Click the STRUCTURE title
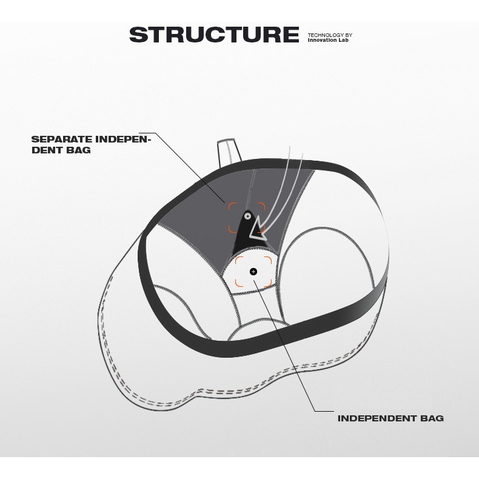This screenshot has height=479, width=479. pyautogui.click(x=214, y=34)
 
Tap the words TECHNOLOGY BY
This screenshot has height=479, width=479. pyautogui.click(x=330, y=35)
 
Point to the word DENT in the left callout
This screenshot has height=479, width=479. pyautogui.click(x=47, y=150)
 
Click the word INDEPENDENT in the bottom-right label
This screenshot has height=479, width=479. pyautogui.click(x=377, y=418)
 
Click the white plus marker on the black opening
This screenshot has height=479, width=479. pyautogui.click(x=248, y=216)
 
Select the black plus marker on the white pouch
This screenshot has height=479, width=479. pyautogui.click(x=253, y=271)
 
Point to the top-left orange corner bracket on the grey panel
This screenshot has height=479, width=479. pyautogui.click(x=232, y=206)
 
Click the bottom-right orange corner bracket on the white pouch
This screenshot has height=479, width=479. pyautogui.click(x=268, y=284)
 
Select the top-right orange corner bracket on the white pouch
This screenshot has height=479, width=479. pyautogui.click(x=268, y=260)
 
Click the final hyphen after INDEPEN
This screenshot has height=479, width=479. pyautogui.click(x=149, y=140)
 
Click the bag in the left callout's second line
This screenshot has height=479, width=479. pyautogui.click(x=78, y=150)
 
